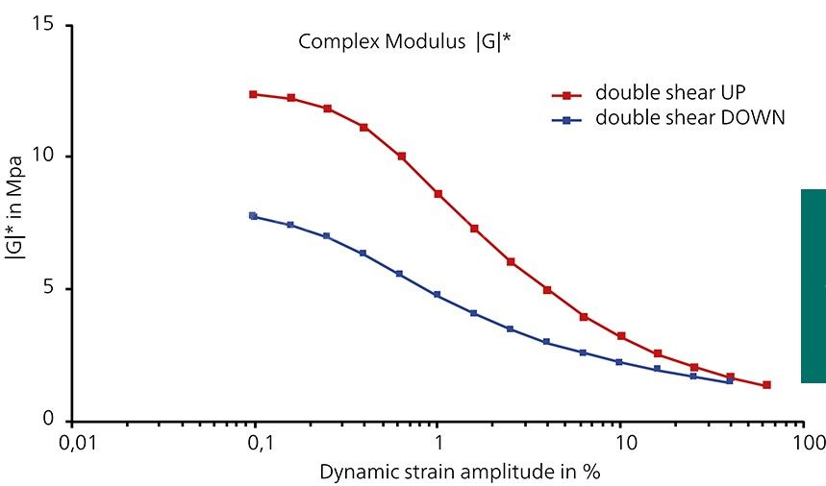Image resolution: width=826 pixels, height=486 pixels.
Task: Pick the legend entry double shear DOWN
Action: click(689, 118)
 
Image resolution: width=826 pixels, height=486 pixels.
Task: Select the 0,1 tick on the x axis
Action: click(257, 443)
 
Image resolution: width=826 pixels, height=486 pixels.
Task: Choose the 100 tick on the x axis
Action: click(809, 443)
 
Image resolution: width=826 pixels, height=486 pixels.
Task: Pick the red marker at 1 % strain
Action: click(438, 194)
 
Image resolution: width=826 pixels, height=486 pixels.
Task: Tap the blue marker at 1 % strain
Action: click(438, 295)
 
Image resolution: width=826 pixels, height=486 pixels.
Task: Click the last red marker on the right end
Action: click(766, 385)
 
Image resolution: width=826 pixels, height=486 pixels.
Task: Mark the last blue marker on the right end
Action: click(729, 381)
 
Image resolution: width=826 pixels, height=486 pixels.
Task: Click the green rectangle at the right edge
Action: click(813, 285)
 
